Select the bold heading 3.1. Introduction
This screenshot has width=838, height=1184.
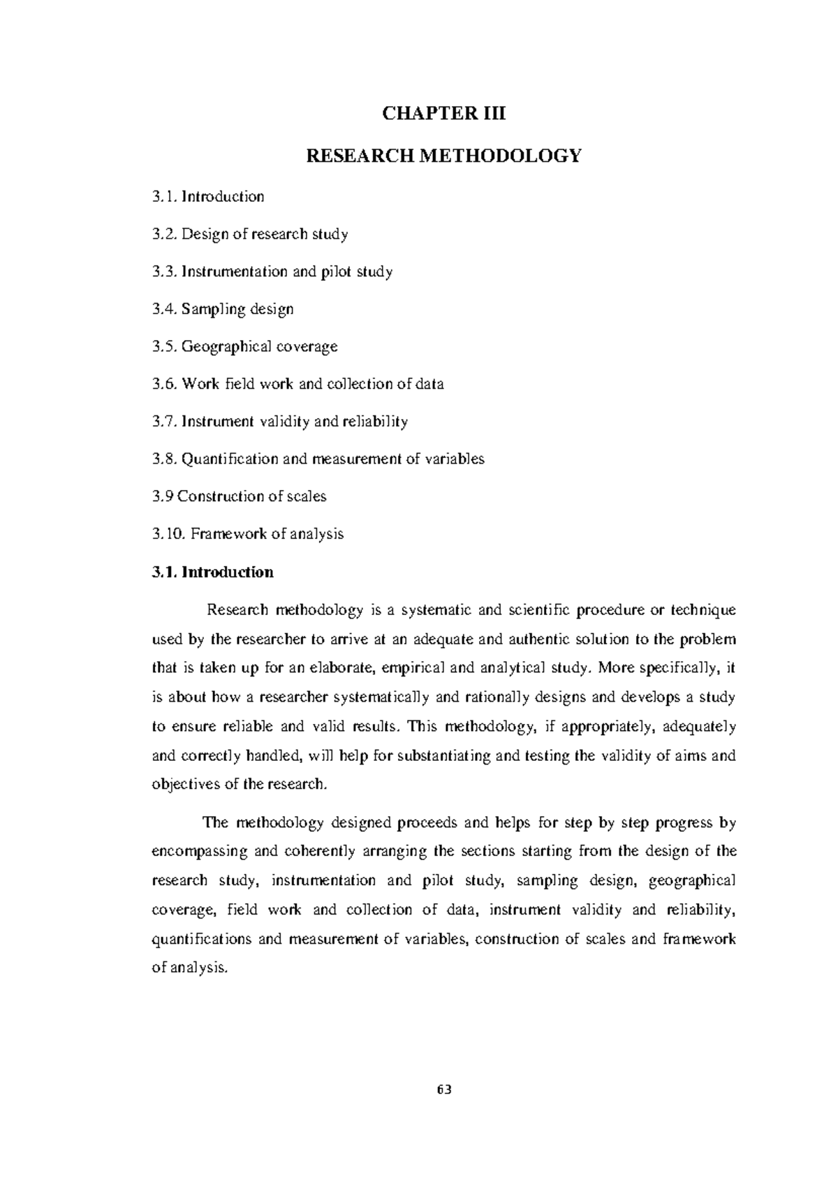212,572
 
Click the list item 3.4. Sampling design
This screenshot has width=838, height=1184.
222,309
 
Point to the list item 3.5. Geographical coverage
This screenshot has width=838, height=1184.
244,347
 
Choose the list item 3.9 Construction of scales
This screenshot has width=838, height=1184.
239,497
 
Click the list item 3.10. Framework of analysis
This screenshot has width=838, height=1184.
247,535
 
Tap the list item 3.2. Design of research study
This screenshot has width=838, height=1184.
249,234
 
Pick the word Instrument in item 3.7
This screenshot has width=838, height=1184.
216,422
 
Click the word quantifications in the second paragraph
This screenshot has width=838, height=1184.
201,940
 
